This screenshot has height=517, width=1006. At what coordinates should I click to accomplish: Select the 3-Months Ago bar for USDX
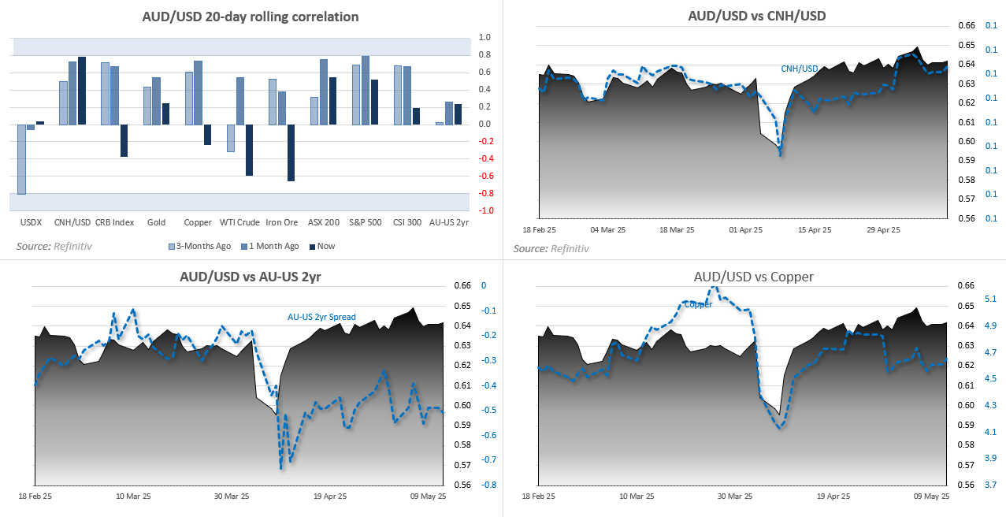(x=22, y=159)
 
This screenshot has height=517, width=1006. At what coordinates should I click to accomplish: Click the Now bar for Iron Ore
(x=291, y=153)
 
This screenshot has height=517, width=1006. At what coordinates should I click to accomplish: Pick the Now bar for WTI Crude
(x=249, y=150)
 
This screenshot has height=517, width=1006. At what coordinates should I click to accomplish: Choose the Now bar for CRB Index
(x=124, y=140)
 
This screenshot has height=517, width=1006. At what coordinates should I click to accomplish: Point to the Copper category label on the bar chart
(x=198, y=222)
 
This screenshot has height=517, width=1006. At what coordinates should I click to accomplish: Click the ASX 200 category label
(x=324, y=222)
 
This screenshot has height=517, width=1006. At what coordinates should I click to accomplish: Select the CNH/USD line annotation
(x=799, y=68)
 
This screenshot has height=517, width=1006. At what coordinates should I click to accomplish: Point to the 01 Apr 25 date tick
(x=746, y=231)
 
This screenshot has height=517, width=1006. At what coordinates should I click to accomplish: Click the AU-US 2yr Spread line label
(x=321, y=318)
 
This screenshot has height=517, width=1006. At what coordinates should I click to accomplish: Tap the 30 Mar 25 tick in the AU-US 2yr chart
(x=232, y=497)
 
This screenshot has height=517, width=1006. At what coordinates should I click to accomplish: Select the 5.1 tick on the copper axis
(x=991, y=299)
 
